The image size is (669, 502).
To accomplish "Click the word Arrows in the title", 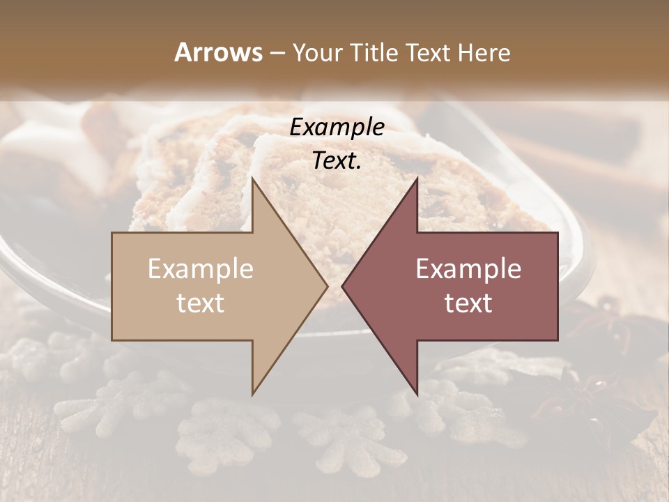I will coord(218,52).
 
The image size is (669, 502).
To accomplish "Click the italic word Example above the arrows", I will coord(337,128).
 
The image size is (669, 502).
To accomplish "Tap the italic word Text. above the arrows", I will coord(337,161).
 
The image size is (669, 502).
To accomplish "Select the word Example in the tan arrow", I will coord(201,269).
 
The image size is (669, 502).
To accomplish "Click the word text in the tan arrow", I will coord(201,303).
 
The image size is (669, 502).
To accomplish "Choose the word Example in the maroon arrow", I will coord(468,269).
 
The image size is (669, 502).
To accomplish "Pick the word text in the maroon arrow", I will coord(468,303).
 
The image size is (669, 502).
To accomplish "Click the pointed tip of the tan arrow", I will coord(327,286).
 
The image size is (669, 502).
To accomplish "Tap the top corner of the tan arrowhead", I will coord(252,179).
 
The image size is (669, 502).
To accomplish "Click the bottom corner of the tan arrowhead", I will coord(252,393).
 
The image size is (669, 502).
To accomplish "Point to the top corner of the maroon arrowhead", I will coord(417,179).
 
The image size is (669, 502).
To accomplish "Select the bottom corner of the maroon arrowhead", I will coord(417,393).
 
